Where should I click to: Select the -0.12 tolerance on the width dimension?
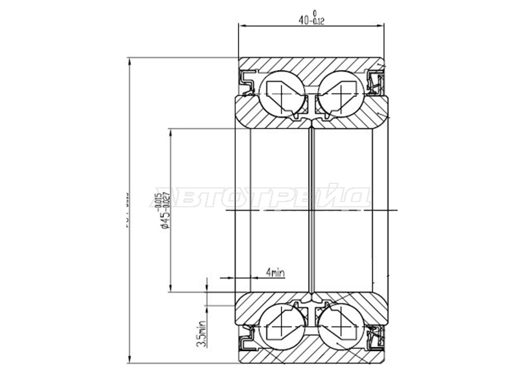(x=318, y=23)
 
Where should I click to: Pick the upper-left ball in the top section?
(x=280, y=94)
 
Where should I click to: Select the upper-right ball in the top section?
(x=340, y=94)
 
